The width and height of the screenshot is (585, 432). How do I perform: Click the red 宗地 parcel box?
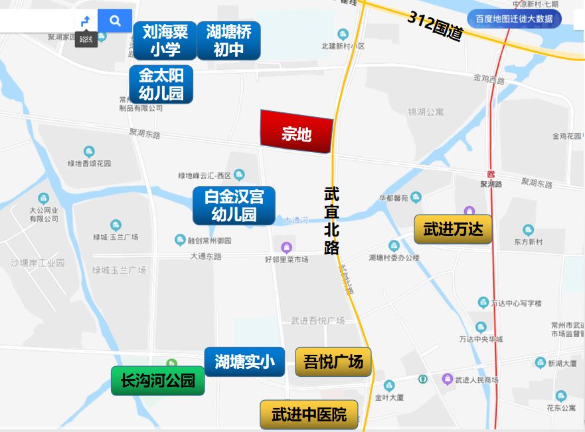[296, 133]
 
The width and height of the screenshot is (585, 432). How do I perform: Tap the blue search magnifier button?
[115, 21]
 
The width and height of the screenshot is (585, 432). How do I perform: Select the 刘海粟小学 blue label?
[165, 40]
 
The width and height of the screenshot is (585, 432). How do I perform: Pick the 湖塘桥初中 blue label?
[228, 40]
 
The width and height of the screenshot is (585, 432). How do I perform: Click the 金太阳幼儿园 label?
[161, 84]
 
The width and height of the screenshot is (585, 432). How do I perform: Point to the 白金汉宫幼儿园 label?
[234, 205]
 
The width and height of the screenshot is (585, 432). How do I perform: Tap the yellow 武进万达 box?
[454, 230]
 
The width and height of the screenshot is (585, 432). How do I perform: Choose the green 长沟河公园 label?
[158, 381]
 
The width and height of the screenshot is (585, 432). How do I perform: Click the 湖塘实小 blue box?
[244, 362]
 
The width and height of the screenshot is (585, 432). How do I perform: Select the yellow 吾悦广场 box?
[333, 362]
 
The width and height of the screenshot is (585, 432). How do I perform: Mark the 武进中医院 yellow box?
[309, 415]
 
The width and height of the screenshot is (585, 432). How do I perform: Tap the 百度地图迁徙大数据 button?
[514, 19]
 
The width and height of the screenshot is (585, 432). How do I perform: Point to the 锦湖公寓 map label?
[426, 112]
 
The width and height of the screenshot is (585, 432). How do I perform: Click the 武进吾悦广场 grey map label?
[317, 321]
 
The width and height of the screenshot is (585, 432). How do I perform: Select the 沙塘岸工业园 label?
[37, 263]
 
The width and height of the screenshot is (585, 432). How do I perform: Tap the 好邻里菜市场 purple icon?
[287, 247]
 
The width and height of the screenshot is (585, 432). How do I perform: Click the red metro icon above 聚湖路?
[491, 173]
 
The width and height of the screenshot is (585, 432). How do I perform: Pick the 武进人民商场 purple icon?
[448, 379]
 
